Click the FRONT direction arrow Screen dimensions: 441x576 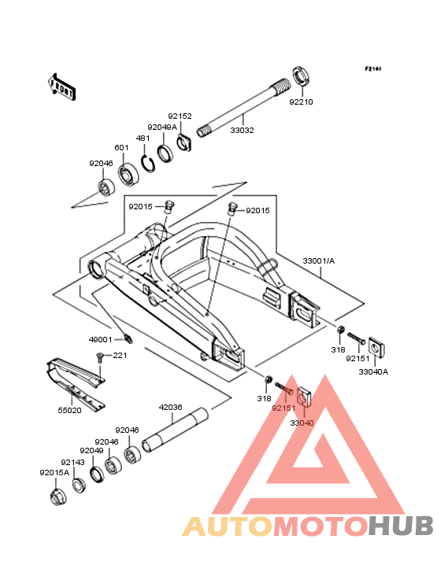61,87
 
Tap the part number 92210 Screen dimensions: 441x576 301,102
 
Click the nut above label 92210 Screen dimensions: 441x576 301,76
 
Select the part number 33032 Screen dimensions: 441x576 243,130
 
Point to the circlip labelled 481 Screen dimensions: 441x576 148,163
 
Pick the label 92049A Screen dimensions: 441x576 162,127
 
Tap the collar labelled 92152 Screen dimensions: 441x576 184,142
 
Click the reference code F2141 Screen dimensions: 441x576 373,68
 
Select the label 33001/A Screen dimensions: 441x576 319,260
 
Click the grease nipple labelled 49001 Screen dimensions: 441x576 128,338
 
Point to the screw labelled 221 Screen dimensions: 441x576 99,356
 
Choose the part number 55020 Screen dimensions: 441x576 70,410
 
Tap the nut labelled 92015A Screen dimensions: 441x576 58,496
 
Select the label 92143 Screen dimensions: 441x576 72,462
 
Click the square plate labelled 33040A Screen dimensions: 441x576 376,347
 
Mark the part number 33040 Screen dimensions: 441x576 302,423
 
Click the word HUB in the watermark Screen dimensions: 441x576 402,526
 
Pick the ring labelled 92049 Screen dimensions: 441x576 98,474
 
